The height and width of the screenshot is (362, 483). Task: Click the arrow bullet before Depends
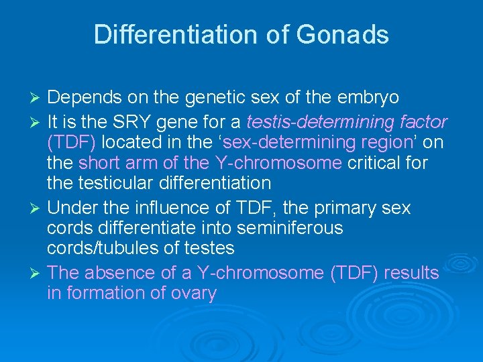point(38,99)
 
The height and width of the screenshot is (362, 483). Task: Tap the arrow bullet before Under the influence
point(38,208)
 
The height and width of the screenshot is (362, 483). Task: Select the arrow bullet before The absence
point(38,274)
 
